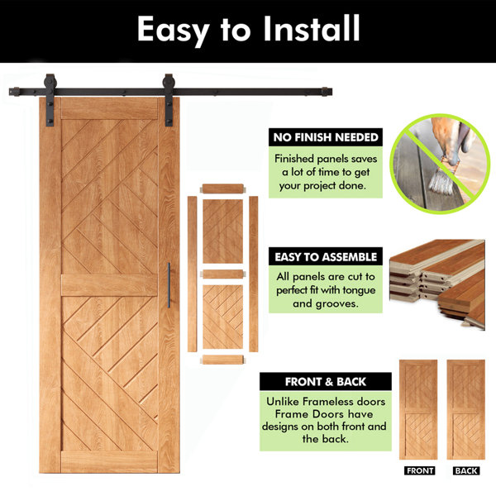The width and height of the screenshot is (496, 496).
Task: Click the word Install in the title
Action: [x=312, y=28]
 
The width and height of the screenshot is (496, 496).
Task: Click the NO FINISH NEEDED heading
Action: [x=326, y=137]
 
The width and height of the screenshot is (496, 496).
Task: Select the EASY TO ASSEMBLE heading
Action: [x=326, y=257]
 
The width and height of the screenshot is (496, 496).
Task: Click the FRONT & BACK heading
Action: [x=326, y=382]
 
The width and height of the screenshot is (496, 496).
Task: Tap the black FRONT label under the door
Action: [x=420, y=470]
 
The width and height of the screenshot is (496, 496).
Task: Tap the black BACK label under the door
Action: [x=466, y=470]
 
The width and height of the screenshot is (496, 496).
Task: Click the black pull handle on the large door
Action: [x=169, y=284]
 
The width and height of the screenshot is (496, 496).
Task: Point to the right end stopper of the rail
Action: [x=327, y=92]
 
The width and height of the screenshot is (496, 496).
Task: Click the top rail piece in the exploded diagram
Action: [x=223, y=188]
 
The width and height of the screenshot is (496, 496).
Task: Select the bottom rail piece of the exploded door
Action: [x=222, y=360]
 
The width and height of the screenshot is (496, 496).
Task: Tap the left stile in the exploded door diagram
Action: [x=192, y=274]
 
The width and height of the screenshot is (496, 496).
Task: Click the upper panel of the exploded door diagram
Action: [x=223, y=231]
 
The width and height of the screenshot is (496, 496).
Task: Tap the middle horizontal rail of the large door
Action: [x=109, y=285]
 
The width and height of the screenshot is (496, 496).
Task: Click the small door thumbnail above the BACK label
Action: [x=465, y=409]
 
